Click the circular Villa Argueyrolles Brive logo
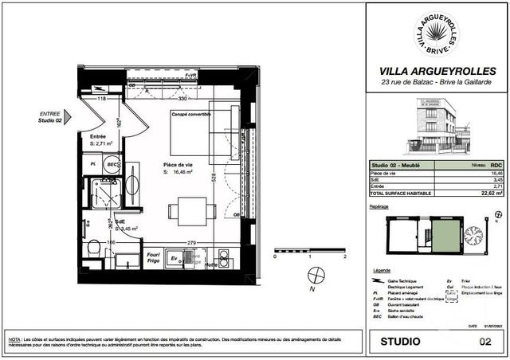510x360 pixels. [x=437, y=33]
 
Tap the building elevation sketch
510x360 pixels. [x=437, y=126]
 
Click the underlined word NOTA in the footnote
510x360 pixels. [x=14, y=339]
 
